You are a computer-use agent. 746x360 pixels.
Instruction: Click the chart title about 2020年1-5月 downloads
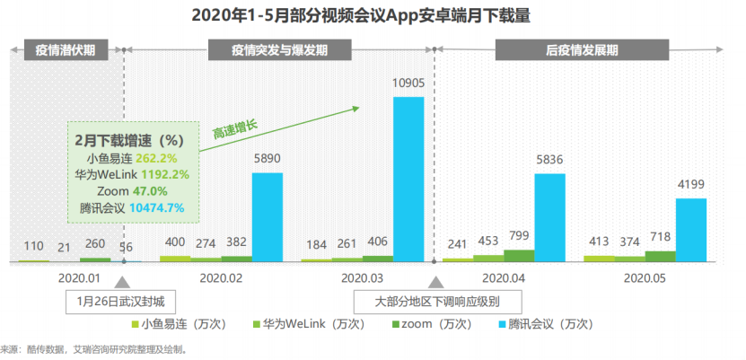(x=373, y=15)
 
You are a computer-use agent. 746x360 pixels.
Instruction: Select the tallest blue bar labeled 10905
(x=408, y=179)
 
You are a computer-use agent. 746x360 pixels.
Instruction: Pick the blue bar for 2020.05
(x=690, y=230)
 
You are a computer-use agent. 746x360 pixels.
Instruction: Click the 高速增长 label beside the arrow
(x=234, y=127)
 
